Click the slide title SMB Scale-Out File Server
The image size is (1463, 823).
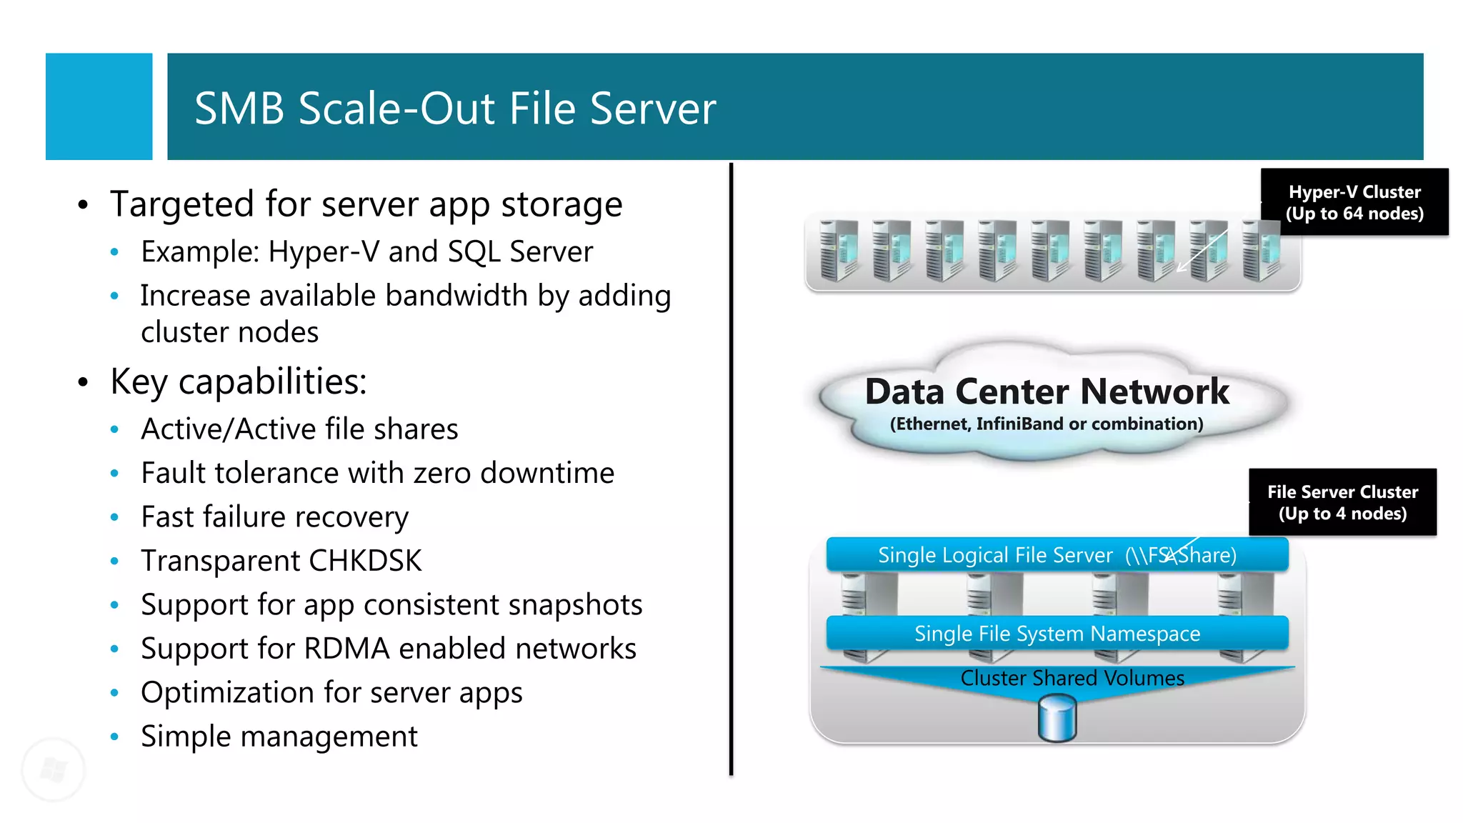tap(454, 109)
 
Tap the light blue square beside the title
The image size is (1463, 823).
tap(99, 106)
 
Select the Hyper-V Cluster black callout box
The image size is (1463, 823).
tap(1354, 202)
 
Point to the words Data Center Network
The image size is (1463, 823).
tap(1047, 391)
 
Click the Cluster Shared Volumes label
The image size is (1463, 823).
tap(1072, 678)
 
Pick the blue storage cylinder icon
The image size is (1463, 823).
tap(1057, 719)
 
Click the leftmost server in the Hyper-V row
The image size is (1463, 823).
tap(838, 250)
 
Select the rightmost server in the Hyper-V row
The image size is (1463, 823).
tap(1260, 250)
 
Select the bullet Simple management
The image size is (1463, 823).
tap(279, 737)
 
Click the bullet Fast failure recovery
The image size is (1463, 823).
tap(274, 517)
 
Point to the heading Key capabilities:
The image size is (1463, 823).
tap(238, 381)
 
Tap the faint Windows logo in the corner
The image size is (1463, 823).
tap(54, 769)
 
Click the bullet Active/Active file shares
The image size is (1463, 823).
tap(299, 429)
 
